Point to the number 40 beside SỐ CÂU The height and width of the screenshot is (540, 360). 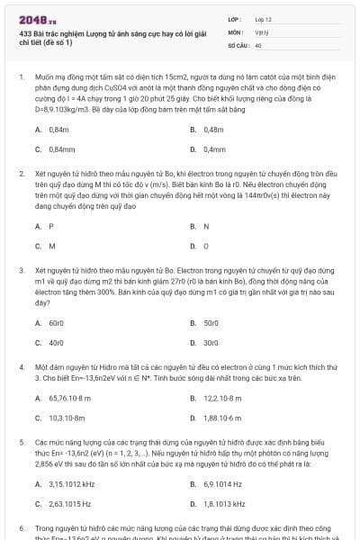tap(258, 44)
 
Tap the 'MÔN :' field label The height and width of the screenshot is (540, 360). tap(236, 31)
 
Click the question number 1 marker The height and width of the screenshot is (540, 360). tap(21, 78)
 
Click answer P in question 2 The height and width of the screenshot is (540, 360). tap(51, 226)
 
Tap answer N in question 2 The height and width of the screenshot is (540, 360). tap(206, 226)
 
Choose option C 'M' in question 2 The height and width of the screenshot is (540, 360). tap(52, 245)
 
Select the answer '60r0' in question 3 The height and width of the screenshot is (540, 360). tap(58, 322)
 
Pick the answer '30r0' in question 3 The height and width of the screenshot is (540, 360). tap(212, 342)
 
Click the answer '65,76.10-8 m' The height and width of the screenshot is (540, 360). tap(69, 399)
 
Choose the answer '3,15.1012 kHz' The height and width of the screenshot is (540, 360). tap(71, 484)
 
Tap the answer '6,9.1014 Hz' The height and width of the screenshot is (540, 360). tap(224, 484)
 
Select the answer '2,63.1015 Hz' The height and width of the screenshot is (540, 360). tap(70, 504)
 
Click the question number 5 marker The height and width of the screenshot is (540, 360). tap(21, 443)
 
